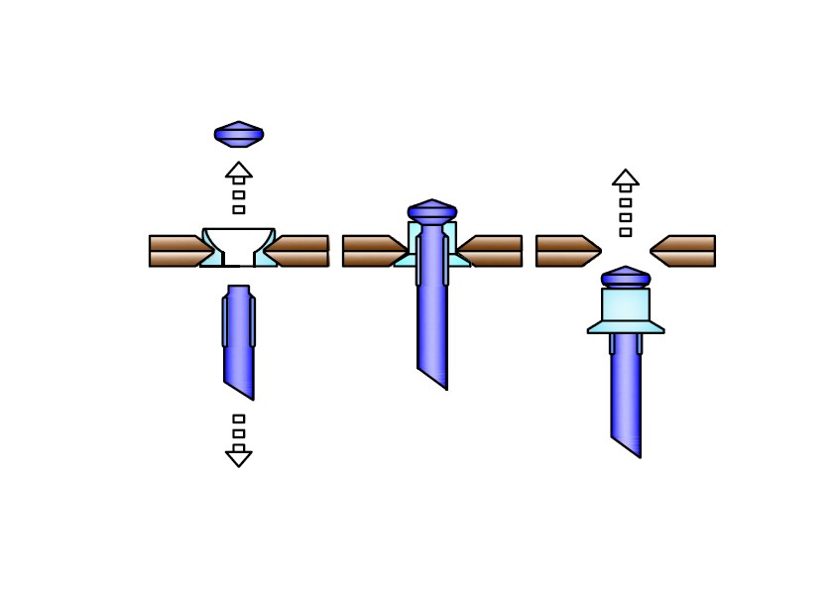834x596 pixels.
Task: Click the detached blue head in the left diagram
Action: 239,134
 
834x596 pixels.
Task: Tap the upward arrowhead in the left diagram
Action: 239,170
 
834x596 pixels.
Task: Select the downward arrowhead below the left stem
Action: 239,458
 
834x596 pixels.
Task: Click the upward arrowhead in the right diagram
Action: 626,178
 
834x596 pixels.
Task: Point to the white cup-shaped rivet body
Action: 239,241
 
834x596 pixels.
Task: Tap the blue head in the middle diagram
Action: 432,211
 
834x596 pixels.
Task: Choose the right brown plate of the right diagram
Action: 684,251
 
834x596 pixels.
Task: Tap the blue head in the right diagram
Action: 626,278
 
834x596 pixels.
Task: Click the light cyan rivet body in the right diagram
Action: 626,304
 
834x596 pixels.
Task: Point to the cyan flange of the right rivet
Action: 626,326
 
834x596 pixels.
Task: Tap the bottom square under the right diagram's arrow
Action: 626,232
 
